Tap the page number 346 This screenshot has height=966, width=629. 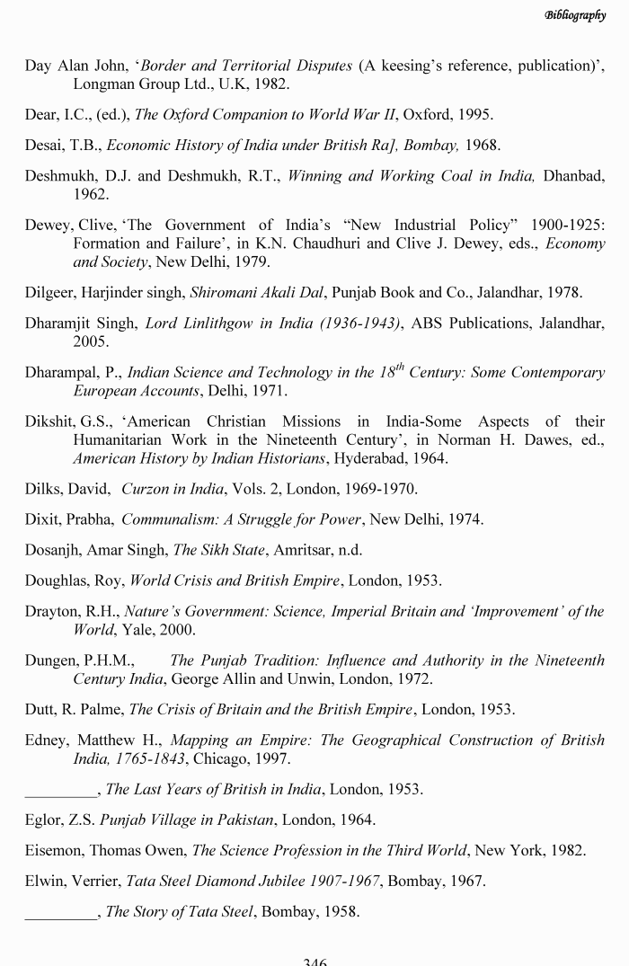pyautogui.click(x=314, y=960)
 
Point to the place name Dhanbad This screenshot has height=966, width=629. pyautogui.click(x=574, y=175)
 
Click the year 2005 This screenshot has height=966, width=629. pyautogui.click(x=91, y=341)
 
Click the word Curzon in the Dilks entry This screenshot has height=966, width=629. pyautogui.click(x=146, y=490)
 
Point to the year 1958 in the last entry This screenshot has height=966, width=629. pyautogui.click(x=341, y=911)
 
